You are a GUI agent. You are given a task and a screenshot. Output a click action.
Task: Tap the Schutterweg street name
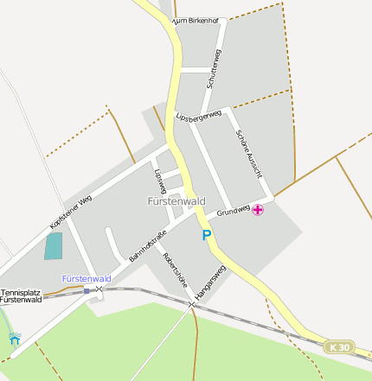click(x=215, y=69)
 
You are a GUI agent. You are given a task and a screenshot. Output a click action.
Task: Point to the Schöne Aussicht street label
click(x=249, y=155)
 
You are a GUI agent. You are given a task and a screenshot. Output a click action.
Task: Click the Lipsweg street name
click(x=159, y=181)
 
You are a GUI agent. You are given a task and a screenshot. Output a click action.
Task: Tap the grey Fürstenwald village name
click(x=176, y=201)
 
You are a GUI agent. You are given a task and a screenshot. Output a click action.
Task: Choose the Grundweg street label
click(x=233, y=210)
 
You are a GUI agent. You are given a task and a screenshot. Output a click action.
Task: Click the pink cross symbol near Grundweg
click(x=258, y=209)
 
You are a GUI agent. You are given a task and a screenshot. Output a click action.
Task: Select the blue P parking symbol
click(x=206, y=235)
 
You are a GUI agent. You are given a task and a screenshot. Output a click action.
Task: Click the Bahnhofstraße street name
click(x=147, y=246)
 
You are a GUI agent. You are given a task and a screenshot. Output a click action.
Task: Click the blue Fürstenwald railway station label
click(x=87, y=279)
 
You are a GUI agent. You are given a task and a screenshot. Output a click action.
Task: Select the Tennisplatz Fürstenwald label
click(x=21, y=296)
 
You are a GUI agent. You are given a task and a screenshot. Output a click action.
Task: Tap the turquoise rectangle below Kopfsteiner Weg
click(x=55, y=246)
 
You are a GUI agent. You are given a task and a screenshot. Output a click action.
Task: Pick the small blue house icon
click(x=15, y=340)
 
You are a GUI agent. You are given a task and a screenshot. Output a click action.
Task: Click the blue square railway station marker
click(x=87, y=291)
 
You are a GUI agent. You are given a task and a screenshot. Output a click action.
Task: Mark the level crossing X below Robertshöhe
click(x=191, y=304)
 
